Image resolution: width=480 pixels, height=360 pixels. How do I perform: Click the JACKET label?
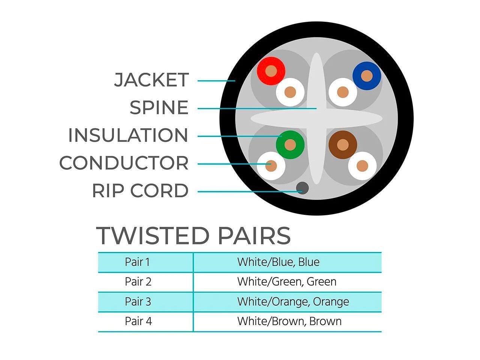[151, 80]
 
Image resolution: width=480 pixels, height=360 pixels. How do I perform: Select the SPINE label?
[159, 108]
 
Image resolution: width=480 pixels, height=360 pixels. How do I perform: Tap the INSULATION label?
[128, 135]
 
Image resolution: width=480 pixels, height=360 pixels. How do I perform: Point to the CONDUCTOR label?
[124, 163]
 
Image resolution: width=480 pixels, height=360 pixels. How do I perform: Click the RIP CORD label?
[140, 190]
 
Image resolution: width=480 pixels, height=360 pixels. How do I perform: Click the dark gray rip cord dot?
[302, 187]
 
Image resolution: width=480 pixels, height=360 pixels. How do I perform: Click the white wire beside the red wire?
[290, 92]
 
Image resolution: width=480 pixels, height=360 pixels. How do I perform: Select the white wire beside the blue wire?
[343, 92]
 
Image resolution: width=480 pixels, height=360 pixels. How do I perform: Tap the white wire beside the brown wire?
[362, 166]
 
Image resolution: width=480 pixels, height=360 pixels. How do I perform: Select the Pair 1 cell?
[137, 262]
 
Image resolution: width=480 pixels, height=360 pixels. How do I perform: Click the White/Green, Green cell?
[286, 282]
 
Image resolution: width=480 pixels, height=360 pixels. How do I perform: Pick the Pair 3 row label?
[138, 301]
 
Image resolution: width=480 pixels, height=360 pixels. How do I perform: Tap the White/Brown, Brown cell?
[289, 321]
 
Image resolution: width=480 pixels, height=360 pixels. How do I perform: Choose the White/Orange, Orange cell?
[293, 301]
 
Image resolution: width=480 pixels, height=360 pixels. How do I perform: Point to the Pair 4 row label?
[138, 321]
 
